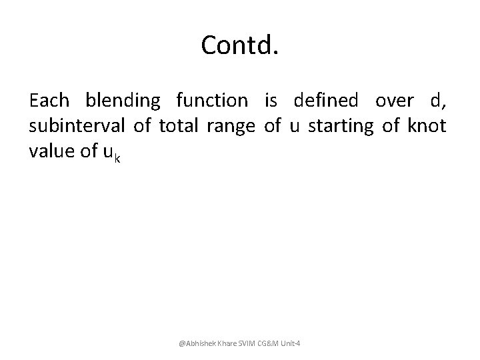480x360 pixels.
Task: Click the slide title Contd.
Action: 239,45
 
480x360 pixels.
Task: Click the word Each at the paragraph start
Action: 49,101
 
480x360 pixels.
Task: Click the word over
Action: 394,101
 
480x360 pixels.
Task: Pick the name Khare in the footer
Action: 227,343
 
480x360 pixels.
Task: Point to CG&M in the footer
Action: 271,343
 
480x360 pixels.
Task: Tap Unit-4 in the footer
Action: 293,343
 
